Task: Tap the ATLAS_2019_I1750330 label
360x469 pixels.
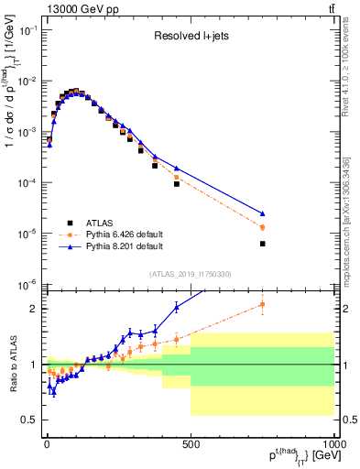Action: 191,274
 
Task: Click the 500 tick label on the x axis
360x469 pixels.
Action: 190,443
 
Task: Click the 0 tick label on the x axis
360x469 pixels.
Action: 47,443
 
